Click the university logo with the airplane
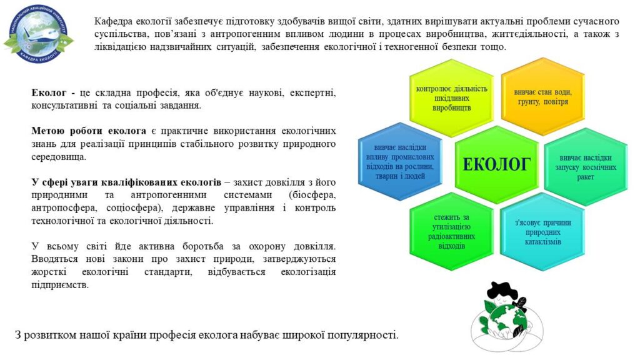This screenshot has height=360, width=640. pos(38,34)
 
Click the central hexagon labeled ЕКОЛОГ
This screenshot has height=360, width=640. pos(497,164)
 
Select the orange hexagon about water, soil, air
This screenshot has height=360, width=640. pos(543,97)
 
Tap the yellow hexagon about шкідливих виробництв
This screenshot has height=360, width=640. pos(451,98)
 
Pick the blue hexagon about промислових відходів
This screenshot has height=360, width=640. pos(400,162)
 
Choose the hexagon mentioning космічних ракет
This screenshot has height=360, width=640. pos(586,167)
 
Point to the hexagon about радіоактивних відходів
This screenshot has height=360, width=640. pos(451,231)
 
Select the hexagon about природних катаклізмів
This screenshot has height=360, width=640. pos(543,232)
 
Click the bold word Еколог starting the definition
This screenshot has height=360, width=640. pos(49,92)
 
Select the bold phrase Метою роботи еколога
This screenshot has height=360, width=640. pos(89,131)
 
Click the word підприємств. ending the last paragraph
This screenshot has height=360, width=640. pos(60,285)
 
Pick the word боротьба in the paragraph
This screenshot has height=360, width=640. pos(203,246)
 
